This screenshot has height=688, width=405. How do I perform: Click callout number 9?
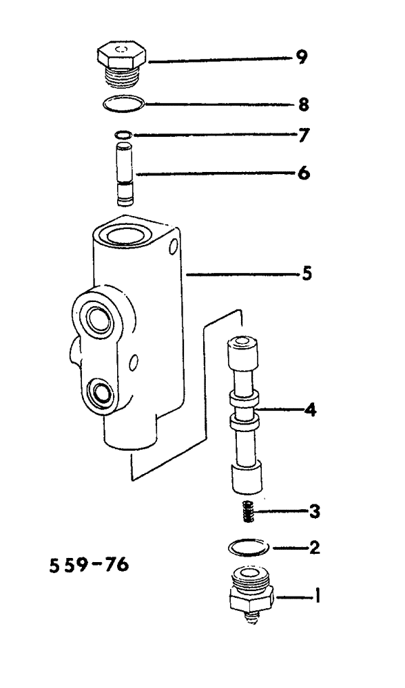click(x=301, y=58)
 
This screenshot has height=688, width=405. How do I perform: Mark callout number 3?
click(x=313, y=510)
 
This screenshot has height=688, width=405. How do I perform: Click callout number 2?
click(x=313, y=548)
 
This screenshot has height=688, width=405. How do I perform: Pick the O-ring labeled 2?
click(x=248, y=548)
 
